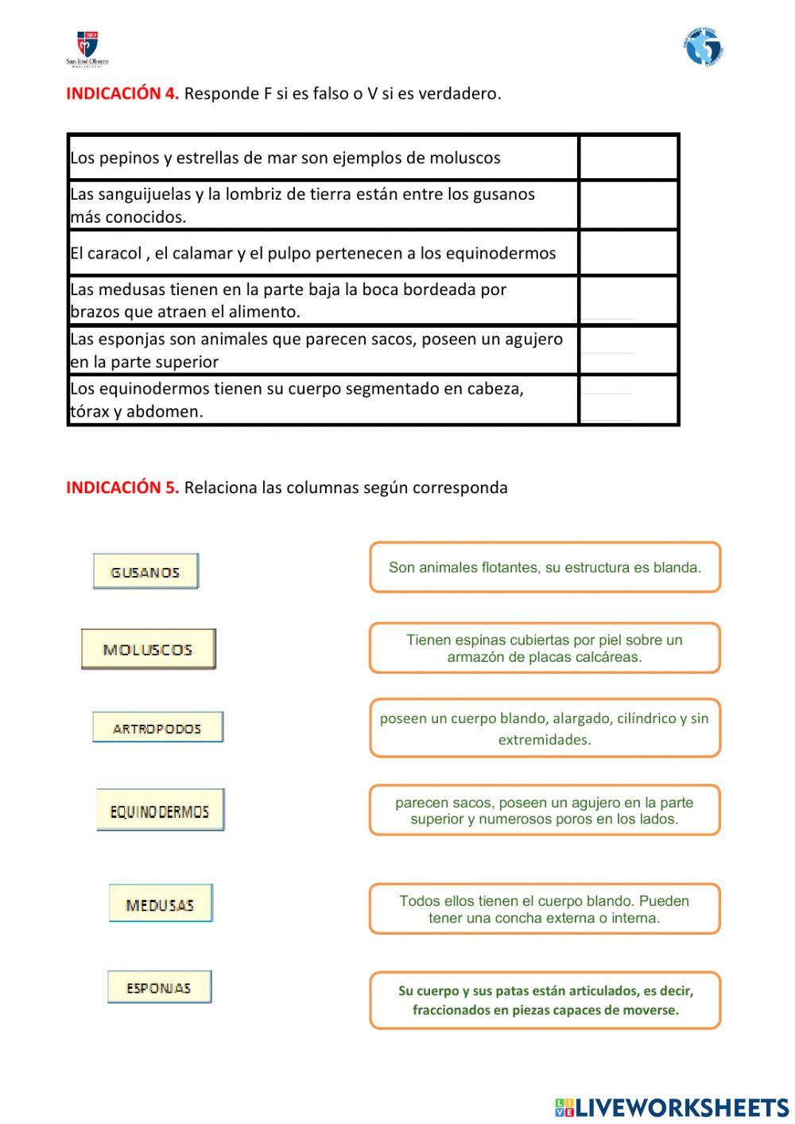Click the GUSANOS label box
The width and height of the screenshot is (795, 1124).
[x=145, y=571]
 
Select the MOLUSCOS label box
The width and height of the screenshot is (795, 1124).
[x=148, y=649]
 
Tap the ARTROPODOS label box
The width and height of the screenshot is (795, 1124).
[x=157, y=727]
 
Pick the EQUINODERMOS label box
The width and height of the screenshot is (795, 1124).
[x=160, y=811]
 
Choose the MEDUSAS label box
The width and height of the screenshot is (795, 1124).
[x=161, y=904]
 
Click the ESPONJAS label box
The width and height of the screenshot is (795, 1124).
[x=159, y=987]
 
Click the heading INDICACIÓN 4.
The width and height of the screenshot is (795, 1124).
[x=122, y=93]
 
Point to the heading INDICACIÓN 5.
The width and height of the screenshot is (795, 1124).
[x=122, y=488]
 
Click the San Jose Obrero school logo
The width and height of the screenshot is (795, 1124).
[x=87, y=49]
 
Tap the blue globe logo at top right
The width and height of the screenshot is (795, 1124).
[x=703, y=48]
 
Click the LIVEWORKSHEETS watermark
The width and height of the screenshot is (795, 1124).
[x=672, y=1107]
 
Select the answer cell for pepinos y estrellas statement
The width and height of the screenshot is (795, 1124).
[x=628, y=158]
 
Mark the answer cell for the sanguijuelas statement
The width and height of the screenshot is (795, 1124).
[x=628, y=205]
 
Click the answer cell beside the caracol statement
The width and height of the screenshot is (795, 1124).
[x=628, y=253]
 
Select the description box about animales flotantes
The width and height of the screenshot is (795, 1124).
[x=545, y=568]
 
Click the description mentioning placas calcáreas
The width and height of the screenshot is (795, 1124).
[x=545, y=648]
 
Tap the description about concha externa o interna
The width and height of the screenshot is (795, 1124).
[x=545, y=909]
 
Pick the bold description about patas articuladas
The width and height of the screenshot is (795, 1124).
[x=545, y=1001]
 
